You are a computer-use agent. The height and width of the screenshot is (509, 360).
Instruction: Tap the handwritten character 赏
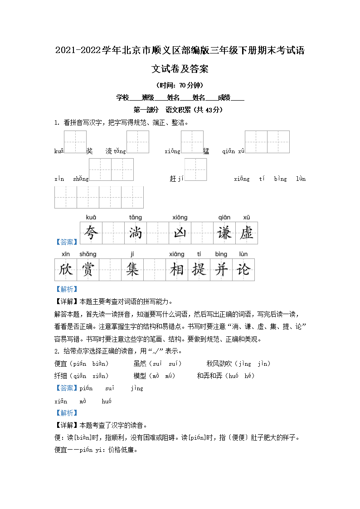tap(88, 270)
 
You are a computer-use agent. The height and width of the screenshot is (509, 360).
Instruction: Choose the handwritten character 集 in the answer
tap(132, 270)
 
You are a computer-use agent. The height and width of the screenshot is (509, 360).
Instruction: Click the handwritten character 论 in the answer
tap(243, 270)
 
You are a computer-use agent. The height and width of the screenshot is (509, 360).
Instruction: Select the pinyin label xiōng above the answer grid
tap(180, 218)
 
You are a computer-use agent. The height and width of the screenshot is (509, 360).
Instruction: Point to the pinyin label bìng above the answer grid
tap(221, 254)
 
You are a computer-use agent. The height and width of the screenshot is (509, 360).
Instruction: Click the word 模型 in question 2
tap(140, 376)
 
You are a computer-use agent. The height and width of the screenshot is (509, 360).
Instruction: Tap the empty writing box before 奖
tap(75, 142)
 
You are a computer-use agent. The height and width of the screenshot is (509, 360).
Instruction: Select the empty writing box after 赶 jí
tap(195, 170)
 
